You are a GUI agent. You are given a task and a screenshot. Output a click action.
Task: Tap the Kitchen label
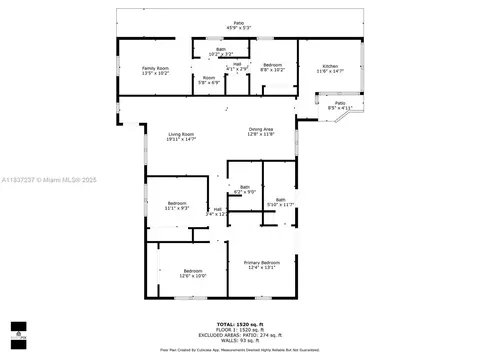click(329, 67)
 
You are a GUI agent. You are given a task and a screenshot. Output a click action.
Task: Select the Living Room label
click(180, 134)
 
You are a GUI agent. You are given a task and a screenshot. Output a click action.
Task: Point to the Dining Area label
click(261, 129)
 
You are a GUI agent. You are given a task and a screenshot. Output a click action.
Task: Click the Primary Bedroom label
click(261, 262)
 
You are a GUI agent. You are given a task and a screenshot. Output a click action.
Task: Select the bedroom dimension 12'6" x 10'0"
click(193, 275)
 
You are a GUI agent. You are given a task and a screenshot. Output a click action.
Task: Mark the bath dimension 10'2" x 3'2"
click(220, 53)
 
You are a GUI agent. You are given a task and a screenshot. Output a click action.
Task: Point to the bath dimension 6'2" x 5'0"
click(245, 191)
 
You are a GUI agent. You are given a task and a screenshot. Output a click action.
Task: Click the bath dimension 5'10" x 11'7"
click(281, 204)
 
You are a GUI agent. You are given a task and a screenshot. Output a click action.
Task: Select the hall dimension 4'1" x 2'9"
click(237, 68)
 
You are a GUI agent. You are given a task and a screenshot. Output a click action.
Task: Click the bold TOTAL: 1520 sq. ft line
click(240, 323)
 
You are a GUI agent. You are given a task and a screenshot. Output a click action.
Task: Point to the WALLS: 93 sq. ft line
click(240, 339)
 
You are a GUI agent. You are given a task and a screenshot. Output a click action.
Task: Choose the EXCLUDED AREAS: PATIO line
click(240, 334)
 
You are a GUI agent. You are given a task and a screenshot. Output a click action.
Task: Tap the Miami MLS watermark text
click(45, 180)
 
